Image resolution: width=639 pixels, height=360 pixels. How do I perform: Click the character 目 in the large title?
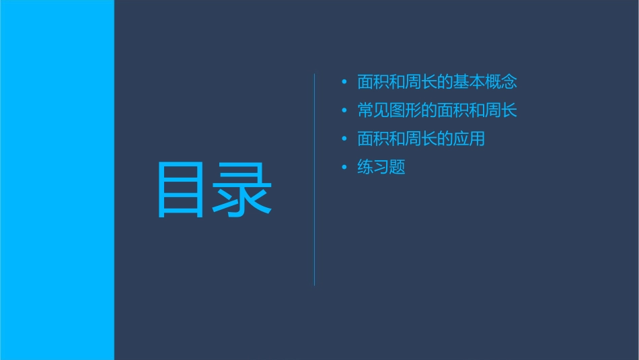click(180, 190)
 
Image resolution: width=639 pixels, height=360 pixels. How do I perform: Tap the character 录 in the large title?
click(243, 190)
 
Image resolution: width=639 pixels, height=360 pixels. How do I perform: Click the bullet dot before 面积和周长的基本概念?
click(344, 83)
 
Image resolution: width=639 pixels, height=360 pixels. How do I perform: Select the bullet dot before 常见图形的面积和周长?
click(344, 111)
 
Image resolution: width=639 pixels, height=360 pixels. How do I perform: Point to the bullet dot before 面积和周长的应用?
click(344, 139)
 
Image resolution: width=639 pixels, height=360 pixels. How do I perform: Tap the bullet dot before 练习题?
click(344, 168)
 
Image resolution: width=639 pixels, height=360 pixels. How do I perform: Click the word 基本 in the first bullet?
click(469, 83)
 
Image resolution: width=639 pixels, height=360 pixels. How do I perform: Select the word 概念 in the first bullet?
click(501, 83)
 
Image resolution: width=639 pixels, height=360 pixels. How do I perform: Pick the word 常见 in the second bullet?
click(373, 111)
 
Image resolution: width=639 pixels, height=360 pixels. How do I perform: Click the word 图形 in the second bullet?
click(406, 111)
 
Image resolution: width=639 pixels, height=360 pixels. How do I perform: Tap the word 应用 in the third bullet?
click(469, 139)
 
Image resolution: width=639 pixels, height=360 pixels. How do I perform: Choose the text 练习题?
click(381, 168)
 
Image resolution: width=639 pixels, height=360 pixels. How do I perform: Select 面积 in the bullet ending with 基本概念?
click(373, 83)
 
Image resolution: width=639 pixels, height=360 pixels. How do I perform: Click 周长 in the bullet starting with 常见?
click(501, 111)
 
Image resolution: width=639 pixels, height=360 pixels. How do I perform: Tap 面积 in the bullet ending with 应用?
click(373, 139)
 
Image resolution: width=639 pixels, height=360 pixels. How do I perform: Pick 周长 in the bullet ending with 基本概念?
click(421, 83)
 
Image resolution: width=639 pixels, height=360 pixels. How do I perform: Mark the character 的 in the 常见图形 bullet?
click(429, 111)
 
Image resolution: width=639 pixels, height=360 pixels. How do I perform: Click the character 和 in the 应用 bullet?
click(398, 139)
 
